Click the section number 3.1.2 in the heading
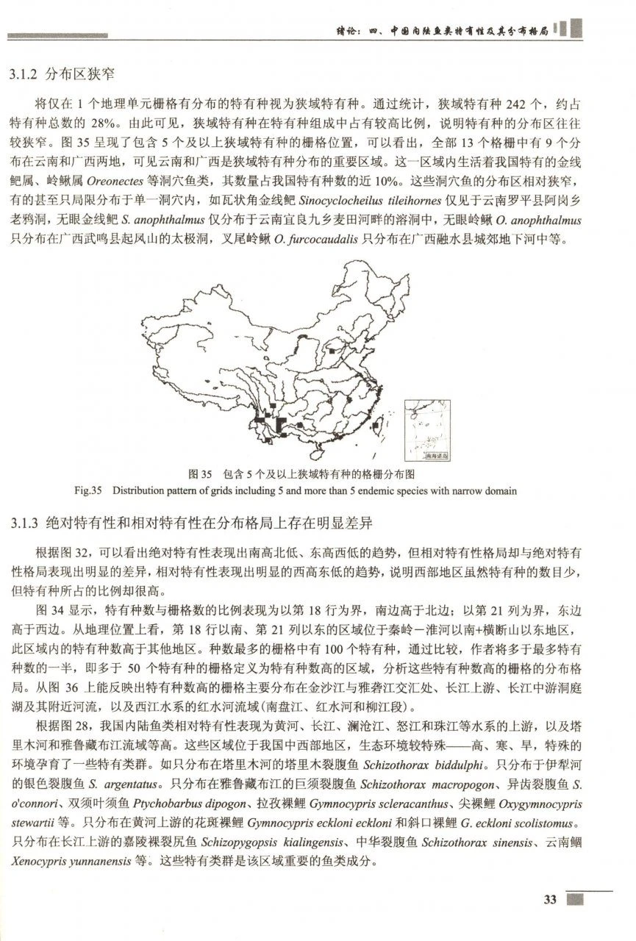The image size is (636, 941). [23, 75]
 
